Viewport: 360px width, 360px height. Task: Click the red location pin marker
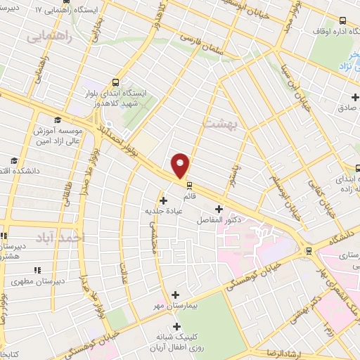tap(181, 166)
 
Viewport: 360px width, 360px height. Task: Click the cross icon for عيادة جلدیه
tap(164, 201)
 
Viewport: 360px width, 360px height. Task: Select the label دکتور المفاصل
tap(219, 220)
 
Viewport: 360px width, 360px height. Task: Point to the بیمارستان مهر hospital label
tap(157, 307)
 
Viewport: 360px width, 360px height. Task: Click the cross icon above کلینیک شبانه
tap(176, 326)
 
